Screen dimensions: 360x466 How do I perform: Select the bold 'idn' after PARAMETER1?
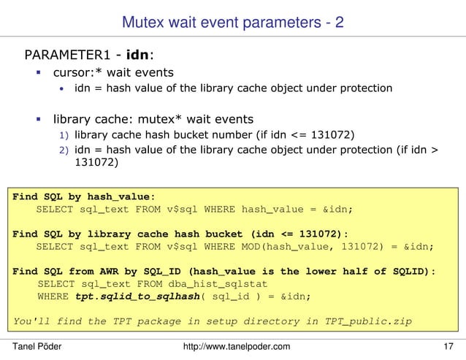coord(138,55)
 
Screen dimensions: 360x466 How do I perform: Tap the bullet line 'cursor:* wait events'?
coord(113,72)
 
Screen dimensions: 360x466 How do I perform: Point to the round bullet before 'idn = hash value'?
coord(63,89)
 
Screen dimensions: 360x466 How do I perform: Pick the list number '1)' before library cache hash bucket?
coord(64,135)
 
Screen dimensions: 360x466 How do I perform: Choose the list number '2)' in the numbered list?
coord(64,150)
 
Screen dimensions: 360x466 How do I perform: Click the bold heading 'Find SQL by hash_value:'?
coord(83,196)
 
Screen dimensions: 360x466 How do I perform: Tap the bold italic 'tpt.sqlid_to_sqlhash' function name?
coord(131,296)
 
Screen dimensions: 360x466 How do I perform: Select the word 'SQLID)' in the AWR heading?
coord(416,271)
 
